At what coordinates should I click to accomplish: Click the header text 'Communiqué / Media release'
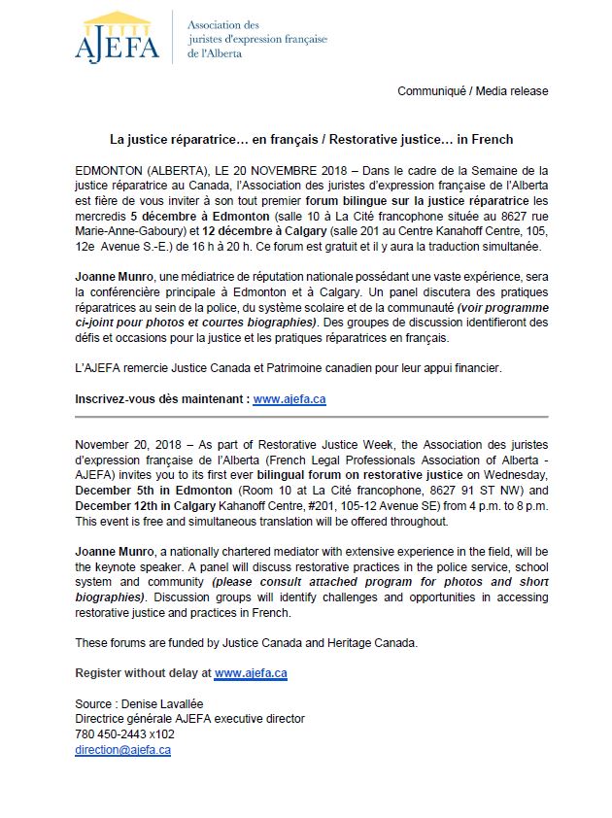click(472, 91)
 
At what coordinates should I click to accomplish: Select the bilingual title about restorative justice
click(310, 140)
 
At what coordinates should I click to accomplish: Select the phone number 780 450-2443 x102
click(124, 734)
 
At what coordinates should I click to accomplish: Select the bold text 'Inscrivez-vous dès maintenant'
click(161, 398)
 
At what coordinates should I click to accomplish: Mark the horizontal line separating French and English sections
click(311, 416)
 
